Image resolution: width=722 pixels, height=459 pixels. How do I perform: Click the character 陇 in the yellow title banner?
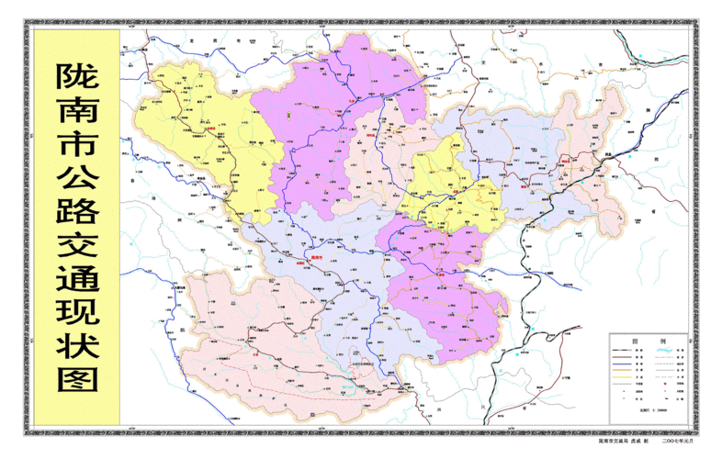click(x=77, y=78)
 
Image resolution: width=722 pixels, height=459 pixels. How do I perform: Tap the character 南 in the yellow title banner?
click(x=77, y=116)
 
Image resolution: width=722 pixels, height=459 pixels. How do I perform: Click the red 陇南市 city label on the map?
click(x=318, y=257)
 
